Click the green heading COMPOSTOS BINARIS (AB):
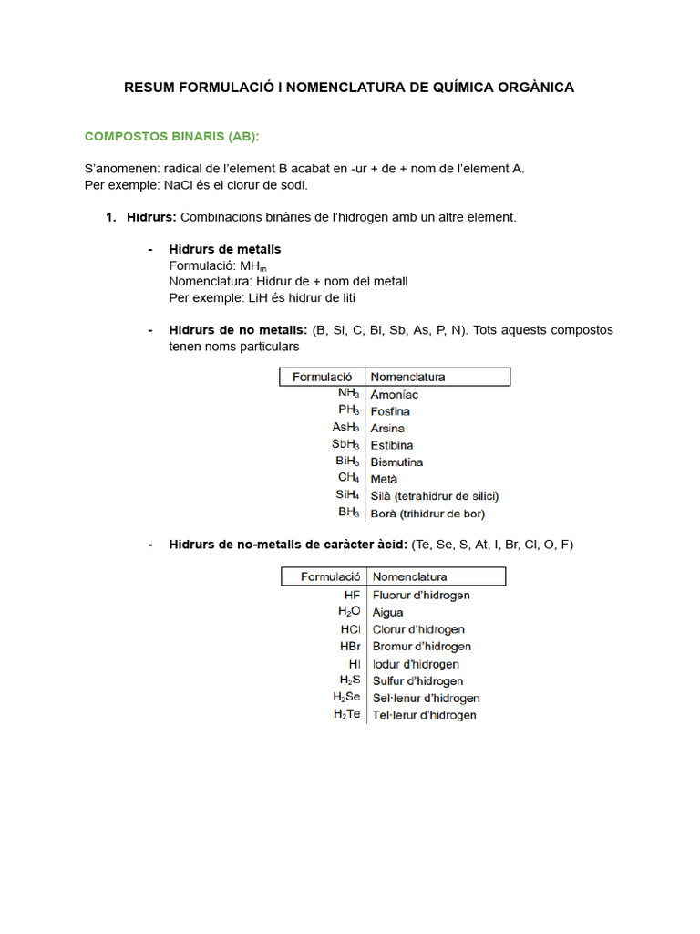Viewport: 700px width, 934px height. point(171,137)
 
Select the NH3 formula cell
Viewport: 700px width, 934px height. point(348,393)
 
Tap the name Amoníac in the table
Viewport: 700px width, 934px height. point(395,394)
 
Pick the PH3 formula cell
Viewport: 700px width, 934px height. point(348,410)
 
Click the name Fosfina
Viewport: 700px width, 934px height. point(390,411)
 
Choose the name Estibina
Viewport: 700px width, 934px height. point(392,445)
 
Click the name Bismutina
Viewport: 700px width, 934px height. point(396,462)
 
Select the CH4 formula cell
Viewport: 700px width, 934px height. point(348,478)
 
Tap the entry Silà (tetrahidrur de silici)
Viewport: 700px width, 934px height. point(435,496)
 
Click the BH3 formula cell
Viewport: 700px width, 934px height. point(348,513)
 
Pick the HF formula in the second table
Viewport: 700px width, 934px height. point(353,595)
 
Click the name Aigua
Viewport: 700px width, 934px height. point(388,613)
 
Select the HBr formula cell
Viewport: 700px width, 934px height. point(350,647)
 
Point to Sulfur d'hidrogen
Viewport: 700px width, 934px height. point(418,681)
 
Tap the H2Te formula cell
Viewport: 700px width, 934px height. point(347,715)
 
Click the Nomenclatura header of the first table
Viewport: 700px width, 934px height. point(407,376)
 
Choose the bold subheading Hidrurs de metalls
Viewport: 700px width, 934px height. point(225,249)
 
